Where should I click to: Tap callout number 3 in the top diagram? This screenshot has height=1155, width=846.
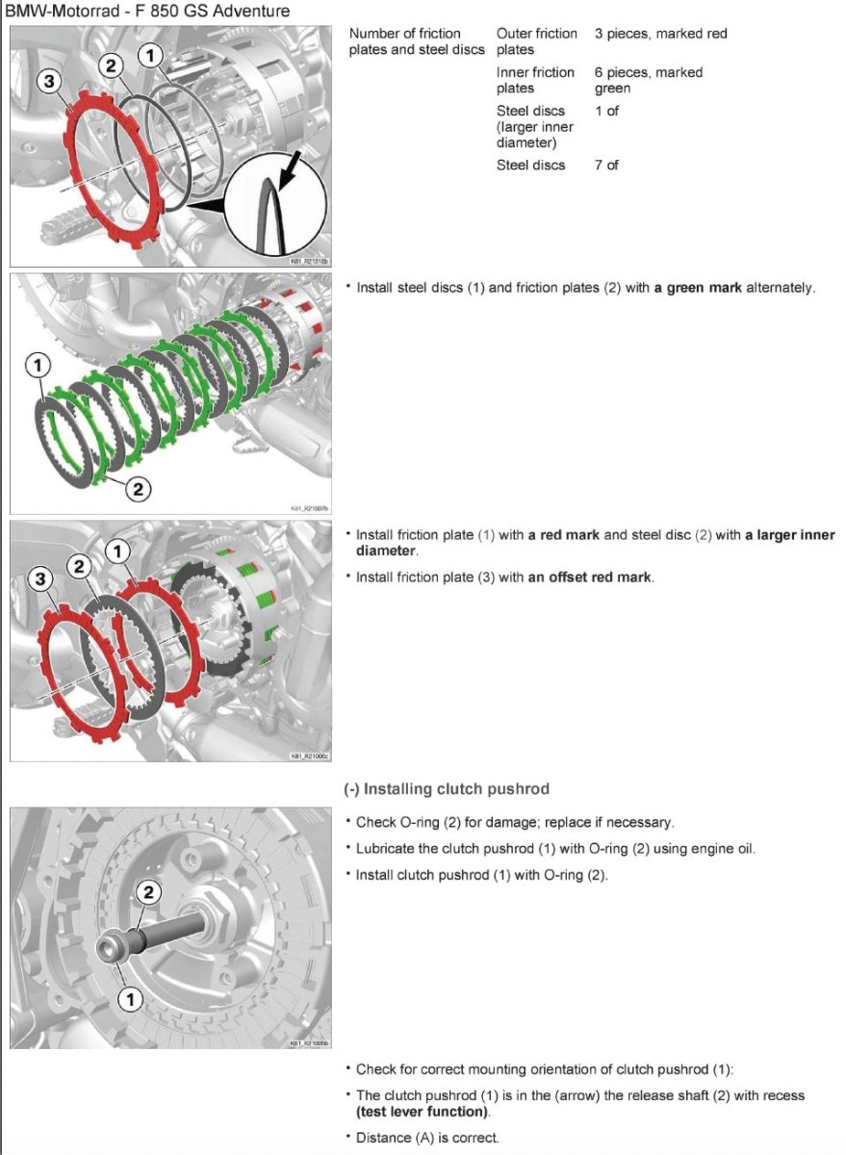[x=48, y=82]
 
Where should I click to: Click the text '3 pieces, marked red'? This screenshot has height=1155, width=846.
[x=660, y=34]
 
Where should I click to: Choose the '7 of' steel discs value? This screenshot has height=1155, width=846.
[x=606, y=166]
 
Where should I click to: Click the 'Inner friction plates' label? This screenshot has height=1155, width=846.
[x=535, y=80]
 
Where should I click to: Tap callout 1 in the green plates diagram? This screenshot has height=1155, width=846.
[x=37, y=365]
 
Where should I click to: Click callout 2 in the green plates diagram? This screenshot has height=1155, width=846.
[x=138, y=489]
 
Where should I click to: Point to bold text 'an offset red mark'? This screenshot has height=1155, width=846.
[x=590, y=577]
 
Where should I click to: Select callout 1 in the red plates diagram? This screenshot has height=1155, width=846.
[x=117, y=552]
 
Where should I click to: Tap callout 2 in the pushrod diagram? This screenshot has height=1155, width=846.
[x=147, y=892]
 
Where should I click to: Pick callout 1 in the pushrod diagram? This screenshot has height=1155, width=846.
[x=129, y=999]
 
